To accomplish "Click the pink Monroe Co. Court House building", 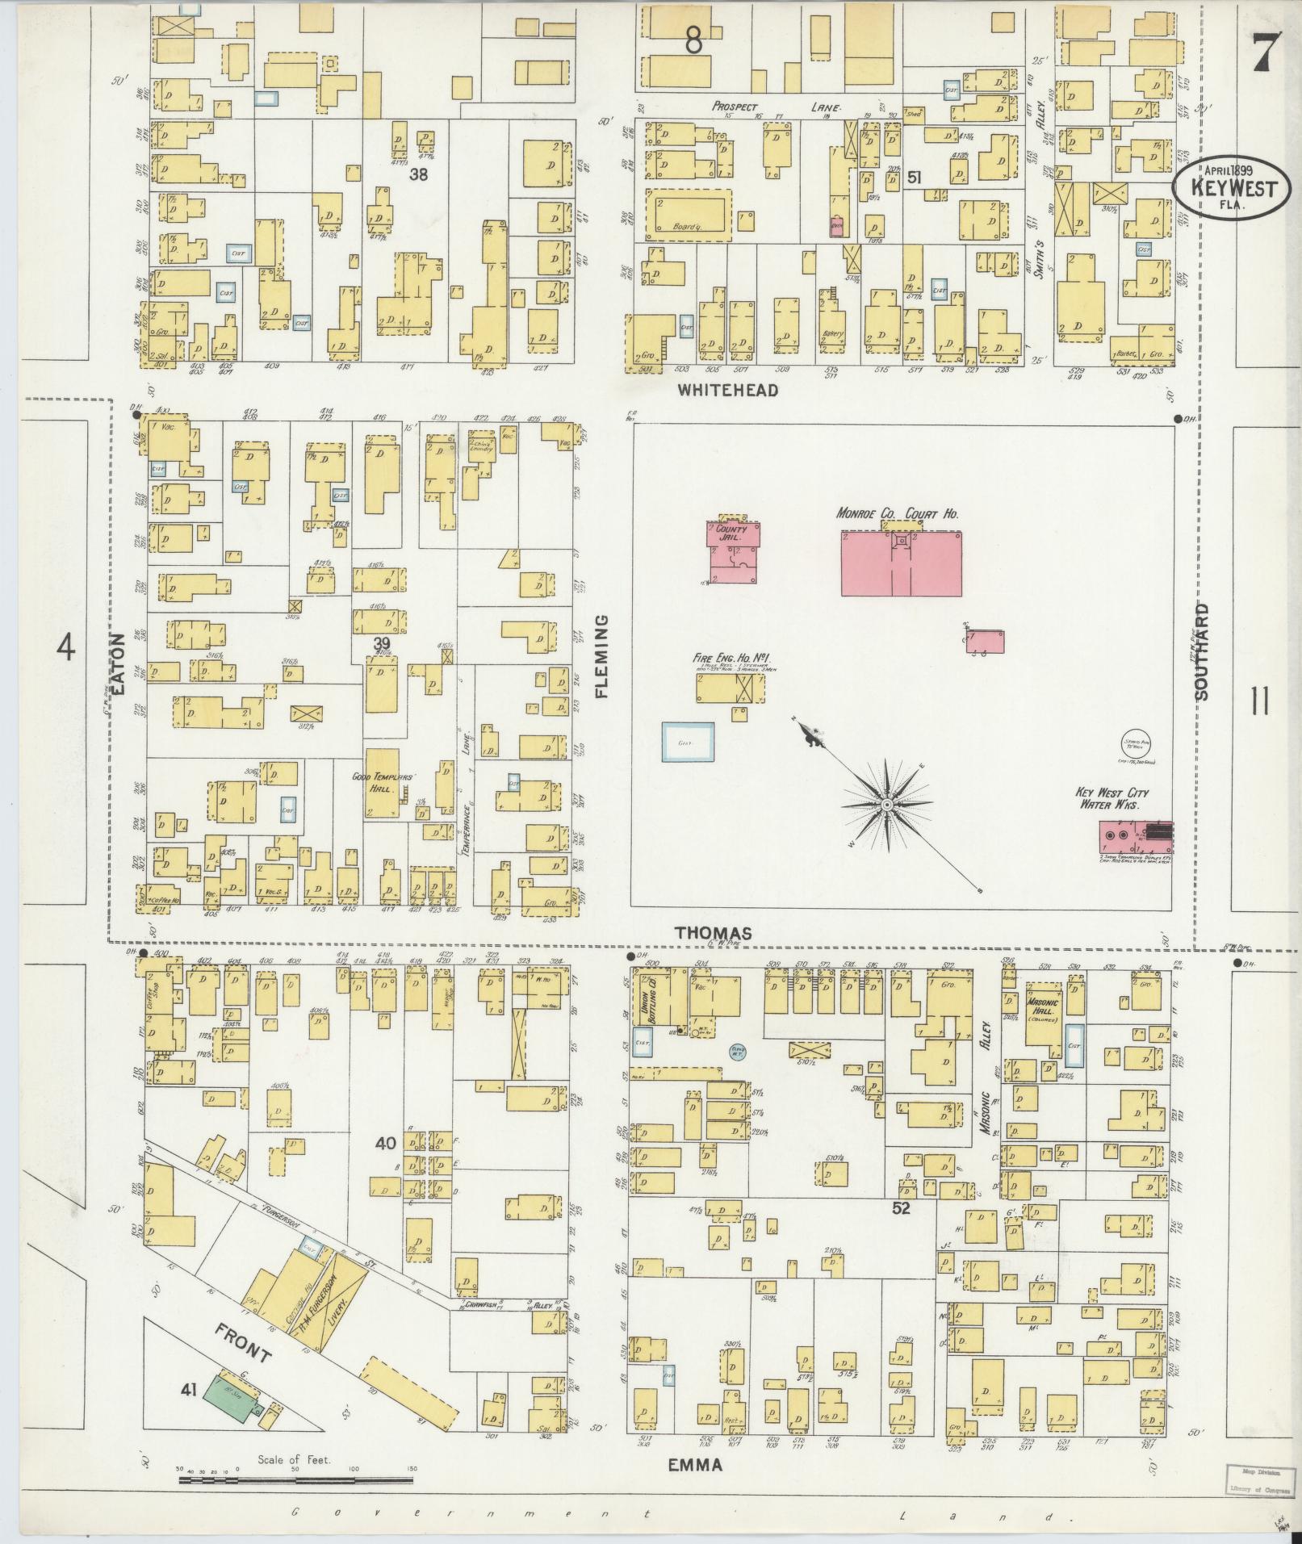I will [x=901, y=564].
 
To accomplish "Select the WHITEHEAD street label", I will [x=727, y=391].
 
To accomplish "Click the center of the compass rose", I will [x=886, y=805].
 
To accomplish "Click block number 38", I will [x=417, y=174].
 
